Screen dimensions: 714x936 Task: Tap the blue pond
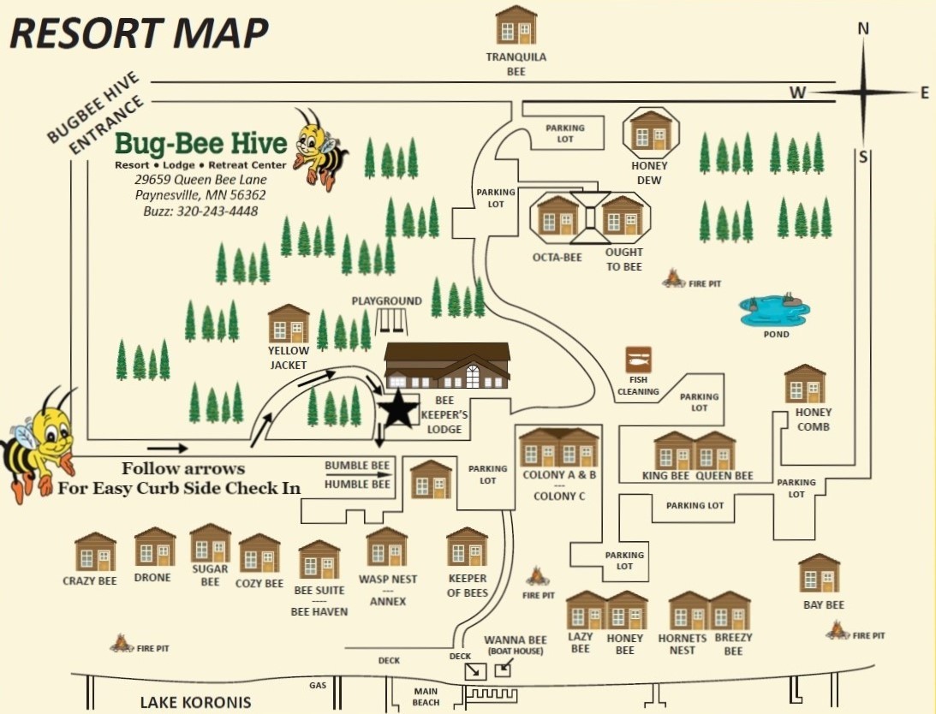(775, 311)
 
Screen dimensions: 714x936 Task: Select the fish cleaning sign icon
(638, 360)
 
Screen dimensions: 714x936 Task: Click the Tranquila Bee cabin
(516, 25)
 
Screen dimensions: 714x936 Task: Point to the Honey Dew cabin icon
(651, 130)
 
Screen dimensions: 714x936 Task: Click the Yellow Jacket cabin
(289, 324)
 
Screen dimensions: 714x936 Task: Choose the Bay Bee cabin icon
(820, 574)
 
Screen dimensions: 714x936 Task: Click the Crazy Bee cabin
(95, 552)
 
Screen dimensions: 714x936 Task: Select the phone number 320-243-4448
(218, 211)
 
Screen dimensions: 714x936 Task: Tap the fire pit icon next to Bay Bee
(837, 631)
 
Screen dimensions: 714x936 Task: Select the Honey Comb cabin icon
(805, 384)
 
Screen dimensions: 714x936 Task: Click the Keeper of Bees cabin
(468, 548)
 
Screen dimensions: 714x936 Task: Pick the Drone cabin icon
(155, 547)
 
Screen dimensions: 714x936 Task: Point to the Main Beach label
(426, 697)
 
